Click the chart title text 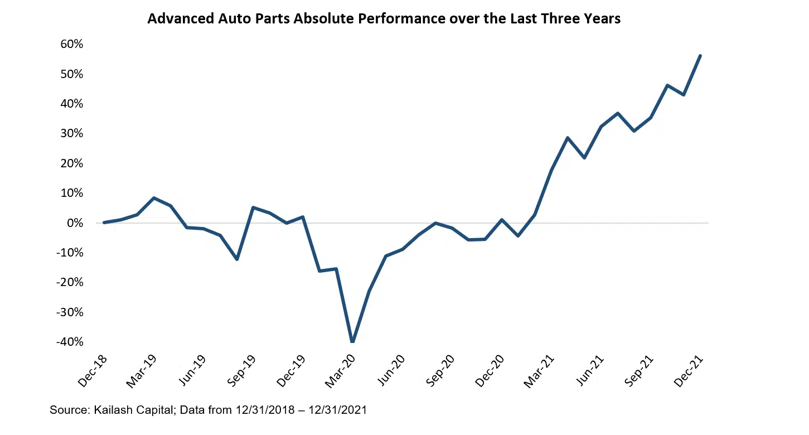point(384,19)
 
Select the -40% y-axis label point(69,341)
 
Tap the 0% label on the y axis point(74,223)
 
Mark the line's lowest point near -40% point(352,341)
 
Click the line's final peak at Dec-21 point(700,56)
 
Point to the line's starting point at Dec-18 point(104,223)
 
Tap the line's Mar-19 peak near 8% point(154,198)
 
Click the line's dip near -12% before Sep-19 point(237,259)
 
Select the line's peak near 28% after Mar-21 point(568,138)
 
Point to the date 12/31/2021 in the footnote point(340,410)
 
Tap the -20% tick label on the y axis point(69,282)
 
